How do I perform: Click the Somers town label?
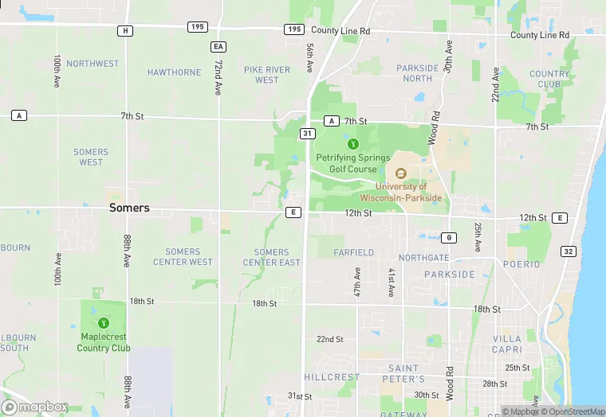[x=129, y=208]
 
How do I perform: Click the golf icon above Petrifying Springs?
[x=353, y=144]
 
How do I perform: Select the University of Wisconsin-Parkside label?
[x=402, y=192]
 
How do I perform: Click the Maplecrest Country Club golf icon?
[x=103, y=322]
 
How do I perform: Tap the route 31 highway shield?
[x=306, y=134]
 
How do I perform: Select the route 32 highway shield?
[x=568, y=251]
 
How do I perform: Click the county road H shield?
[x=124, y=30]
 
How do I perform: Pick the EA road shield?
[x=218, y=47]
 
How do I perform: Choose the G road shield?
[x=450, y=238]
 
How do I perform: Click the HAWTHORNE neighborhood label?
[x=175, y=72]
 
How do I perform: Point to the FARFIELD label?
[x=353, y=253]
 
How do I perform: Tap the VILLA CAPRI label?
[x=507, y=345]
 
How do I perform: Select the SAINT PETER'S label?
[x=403, y=374]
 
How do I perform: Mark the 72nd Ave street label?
[x=218, y=76]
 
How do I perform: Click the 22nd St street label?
[x=329, y=339]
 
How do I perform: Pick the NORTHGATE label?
[x=423, y=258]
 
